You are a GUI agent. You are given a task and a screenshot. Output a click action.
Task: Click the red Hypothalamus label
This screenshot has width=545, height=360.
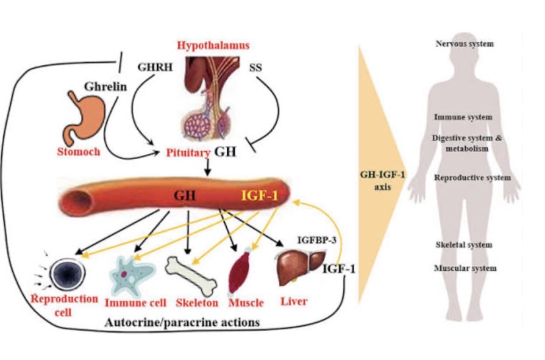point(213,46)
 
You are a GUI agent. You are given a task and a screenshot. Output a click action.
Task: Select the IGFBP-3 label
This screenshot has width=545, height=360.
point(316,240)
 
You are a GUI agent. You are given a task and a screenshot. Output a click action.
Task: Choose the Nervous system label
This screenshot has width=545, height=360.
point(465,44)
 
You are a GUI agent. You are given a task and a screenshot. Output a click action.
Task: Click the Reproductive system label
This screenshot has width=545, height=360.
point(472,178)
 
